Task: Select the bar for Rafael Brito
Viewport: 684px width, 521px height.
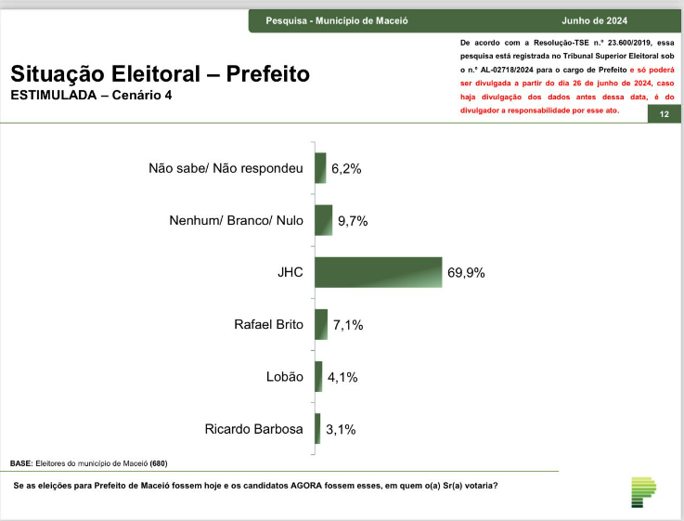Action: click(321, 324)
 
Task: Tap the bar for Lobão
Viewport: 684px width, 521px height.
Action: click(318, 376)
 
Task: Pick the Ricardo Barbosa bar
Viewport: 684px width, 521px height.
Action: click(317, 428)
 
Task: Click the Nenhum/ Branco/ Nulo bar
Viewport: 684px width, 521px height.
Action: click(323, 220)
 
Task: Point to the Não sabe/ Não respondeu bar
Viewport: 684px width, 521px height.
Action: click(320, 168)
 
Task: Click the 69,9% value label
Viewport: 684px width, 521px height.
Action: click(466, 273)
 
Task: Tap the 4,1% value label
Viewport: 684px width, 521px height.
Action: click(342, 377)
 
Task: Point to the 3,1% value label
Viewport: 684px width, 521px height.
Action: click(341, 429)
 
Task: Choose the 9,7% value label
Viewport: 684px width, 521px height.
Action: click(354, 221)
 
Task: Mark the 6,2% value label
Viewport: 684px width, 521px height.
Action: click(346, 169)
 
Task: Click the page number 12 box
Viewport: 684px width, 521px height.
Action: click(665, 113)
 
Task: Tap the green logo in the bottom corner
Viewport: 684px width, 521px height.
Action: click(643, 492)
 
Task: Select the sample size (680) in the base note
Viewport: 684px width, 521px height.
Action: click(158, 462)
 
